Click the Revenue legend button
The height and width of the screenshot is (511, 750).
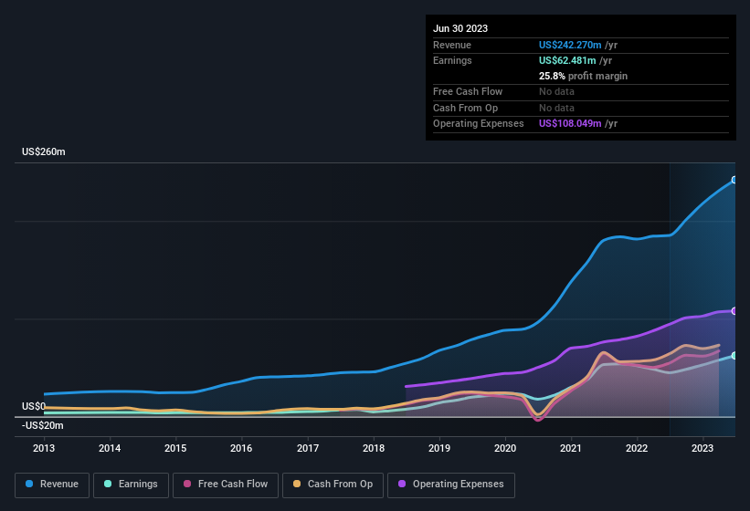point(52,485)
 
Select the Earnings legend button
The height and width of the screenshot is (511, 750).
point(132,485)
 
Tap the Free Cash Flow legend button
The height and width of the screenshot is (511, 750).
point(226,485)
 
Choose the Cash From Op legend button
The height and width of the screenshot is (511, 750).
point(333,485)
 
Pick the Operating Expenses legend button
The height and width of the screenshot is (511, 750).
point(451,485)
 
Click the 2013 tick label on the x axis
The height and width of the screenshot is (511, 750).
point(44,448)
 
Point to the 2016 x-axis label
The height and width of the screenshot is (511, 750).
point(241,448)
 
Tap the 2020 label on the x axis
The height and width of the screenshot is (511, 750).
point(505,448)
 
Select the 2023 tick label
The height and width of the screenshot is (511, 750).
point(702,448)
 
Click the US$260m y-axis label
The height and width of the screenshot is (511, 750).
point(44,151)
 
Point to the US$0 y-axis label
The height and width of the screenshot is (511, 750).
point(34,406)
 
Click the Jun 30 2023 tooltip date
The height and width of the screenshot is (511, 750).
point(460,28)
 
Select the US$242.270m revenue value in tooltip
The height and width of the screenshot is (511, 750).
point(570,45)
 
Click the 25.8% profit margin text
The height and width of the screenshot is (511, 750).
point(583,76)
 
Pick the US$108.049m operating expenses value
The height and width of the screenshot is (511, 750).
point(570,123)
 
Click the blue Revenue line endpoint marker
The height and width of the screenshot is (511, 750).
point(734,180)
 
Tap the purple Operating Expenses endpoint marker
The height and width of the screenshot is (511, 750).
point(734,311)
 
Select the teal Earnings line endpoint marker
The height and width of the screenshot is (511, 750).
point(734,356)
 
